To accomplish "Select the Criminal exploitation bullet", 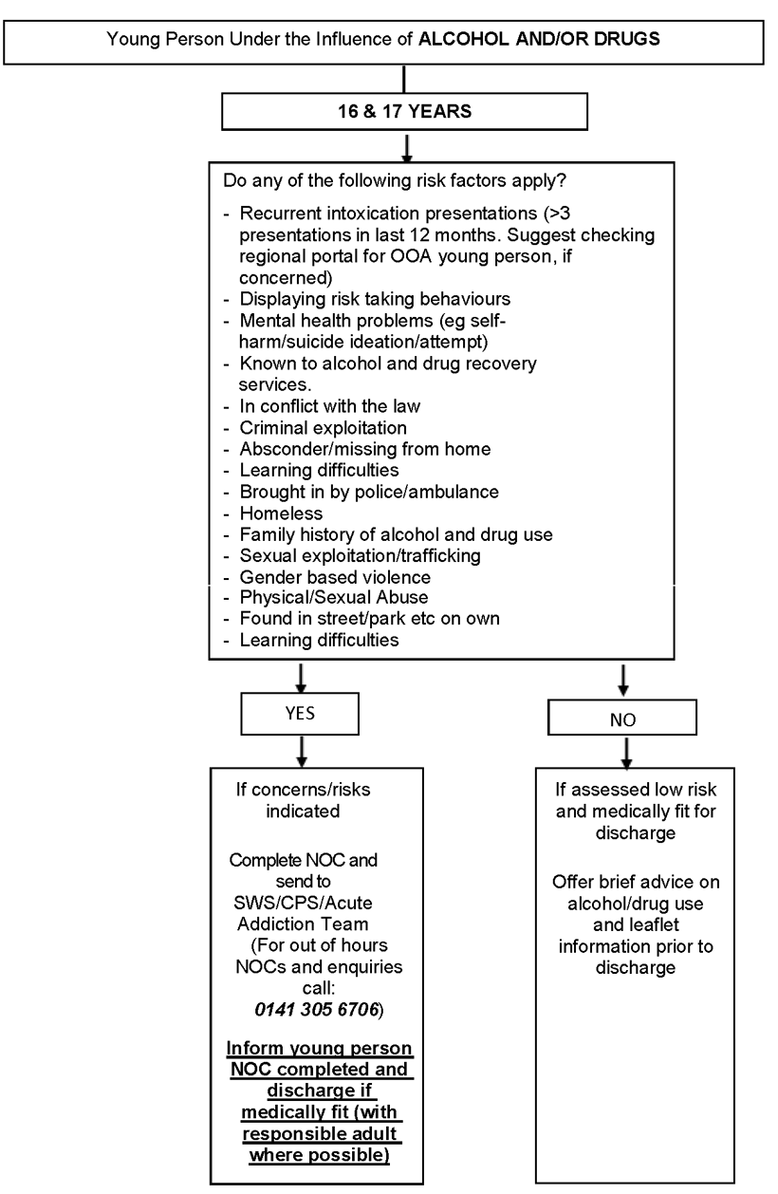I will pos(312,425).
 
